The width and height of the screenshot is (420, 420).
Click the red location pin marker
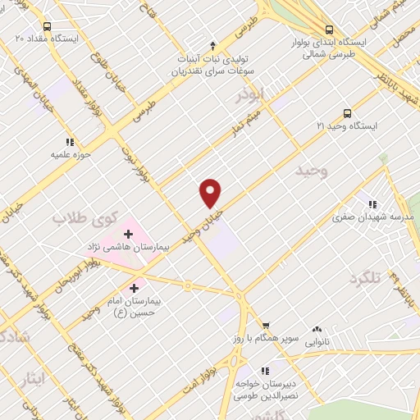(x=211, y=193)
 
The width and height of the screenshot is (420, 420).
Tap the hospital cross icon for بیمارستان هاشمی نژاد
(x=128, y=234)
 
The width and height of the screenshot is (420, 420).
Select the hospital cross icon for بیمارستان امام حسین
(x=135, y=288)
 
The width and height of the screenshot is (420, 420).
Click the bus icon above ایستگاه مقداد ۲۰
(x=46, y=26)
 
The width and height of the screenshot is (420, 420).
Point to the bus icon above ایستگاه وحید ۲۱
(x=348, y=113)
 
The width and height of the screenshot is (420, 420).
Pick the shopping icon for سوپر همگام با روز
(x=265, y=325)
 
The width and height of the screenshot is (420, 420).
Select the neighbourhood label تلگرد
(x=366, y=279)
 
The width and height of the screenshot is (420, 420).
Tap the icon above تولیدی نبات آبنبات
(x=213, y=44)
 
